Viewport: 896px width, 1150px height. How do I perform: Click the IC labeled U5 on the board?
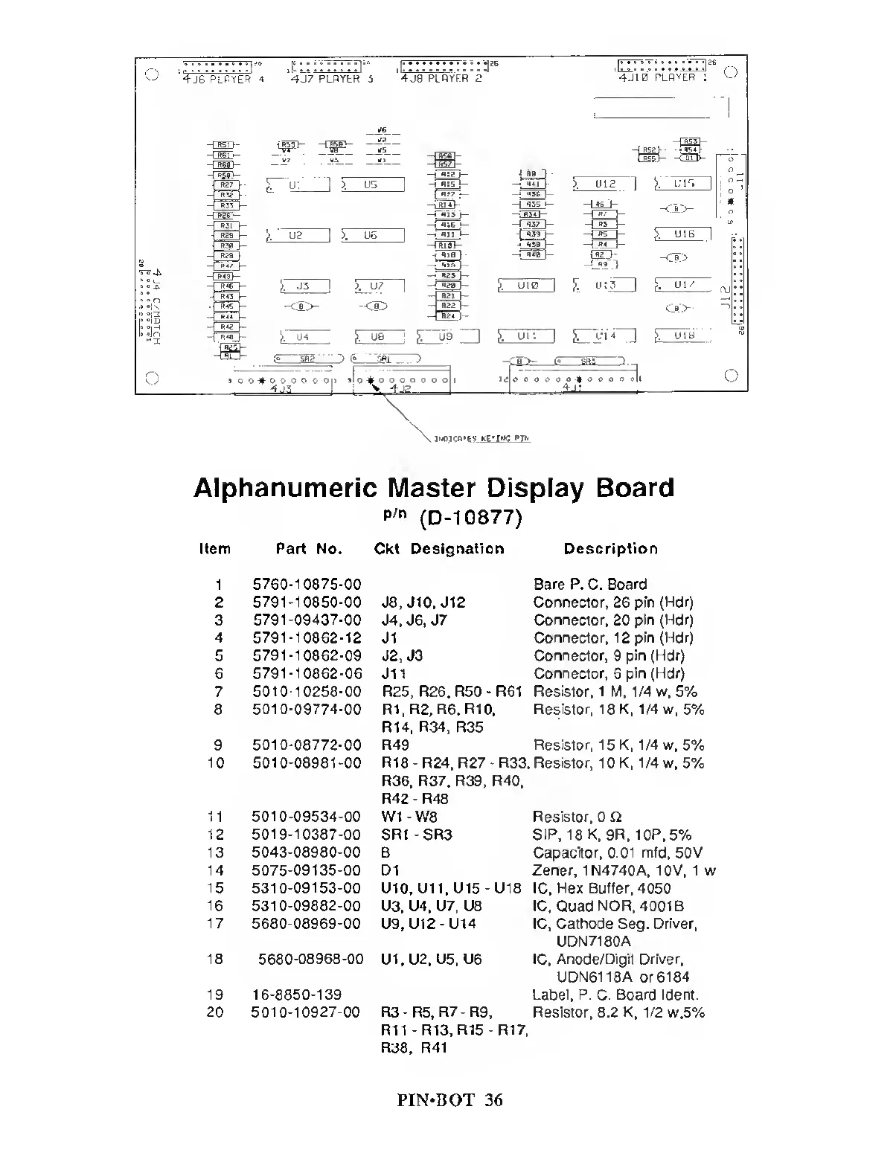click(x=372, y=184)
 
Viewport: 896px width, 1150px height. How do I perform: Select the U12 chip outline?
click(x=604, y=183)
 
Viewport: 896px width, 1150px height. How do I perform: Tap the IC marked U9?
click(x=447, y=337)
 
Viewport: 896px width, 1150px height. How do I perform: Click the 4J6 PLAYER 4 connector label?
click(x=223, y=79)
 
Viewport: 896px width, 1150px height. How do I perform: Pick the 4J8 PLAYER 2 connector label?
click(x=441, y=78)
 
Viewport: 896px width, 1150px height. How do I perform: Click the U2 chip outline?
click(x=297, y=235)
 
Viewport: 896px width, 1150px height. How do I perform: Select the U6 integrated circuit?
click(x=372, y=235)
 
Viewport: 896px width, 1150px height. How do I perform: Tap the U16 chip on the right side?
click(x=683, y=234)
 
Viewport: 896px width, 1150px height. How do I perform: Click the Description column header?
click(x=610, y=549)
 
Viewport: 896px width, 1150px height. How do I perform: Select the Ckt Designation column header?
click(x=439, y=549)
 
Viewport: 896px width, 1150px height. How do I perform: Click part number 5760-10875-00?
click(x=307, y=585)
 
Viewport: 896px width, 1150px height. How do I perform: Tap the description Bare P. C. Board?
click(x=590, y=585)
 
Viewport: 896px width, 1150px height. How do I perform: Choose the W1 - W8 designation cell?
click(x=409, y=817)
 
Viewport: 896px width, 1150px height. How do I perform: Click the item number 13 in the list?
click(x=216, y=852)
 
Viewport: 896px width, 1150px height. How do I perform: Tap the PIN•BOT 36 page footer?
click(x=449, y=1100)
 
